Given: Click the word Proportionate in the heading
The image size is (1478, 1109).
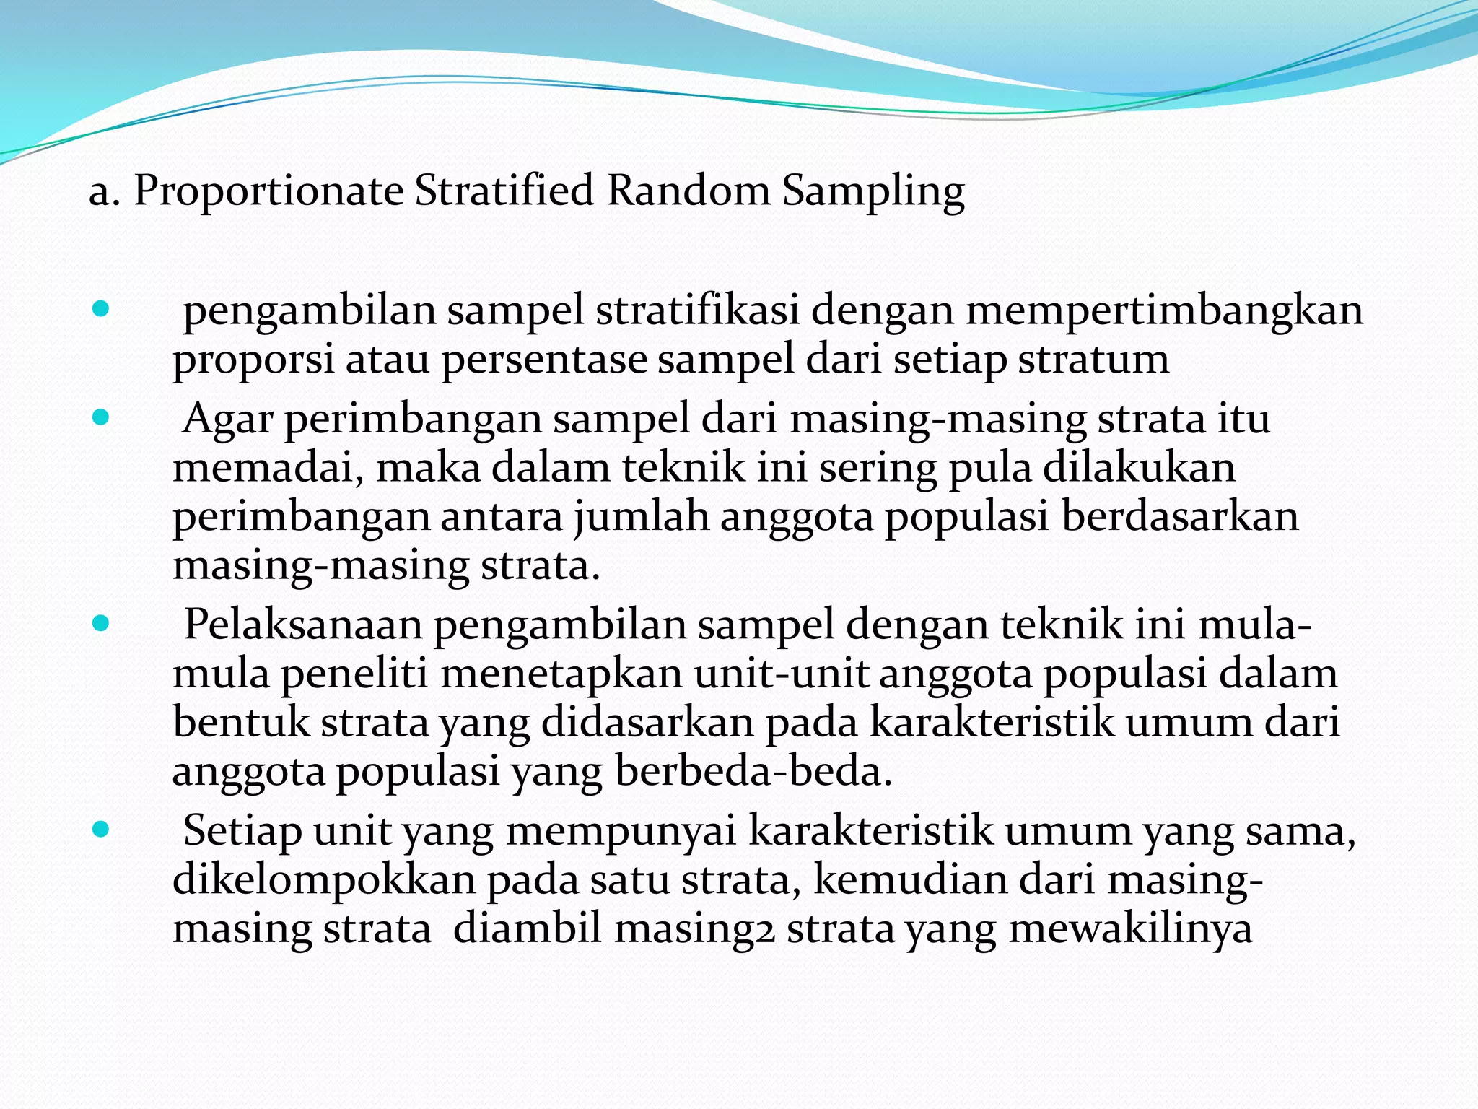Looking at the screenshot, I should (x=268, y=192).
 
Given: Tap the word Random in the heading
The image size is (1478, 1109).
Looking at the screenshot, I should (x=688, y=191).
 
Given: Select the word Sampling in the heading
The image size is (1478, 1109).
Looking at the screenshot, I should (x=873, y=192).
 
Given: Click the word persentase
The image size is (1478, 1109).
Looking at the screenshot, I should (x=544, y=360).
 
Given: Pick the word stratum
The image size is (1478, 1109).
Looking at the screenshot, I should (x=1093, y=360).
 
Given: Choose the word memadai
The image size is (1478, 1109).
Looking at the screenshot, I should (x=268, y=468).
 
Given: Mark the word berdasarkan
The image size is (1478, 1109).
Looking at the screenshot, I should (x=1179, y=517).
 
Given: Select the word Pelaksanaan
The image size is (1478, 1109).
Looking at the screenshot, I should (x=303, y=625).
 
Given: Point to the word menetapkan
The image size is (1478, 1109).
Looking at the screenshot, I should (x=561, y=674).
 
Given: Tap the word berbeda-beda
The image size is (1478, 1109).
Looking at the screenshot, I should (x=753, y=772).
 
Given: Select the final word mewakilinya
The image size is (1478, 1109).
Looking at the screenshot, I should (x=1130, y=929).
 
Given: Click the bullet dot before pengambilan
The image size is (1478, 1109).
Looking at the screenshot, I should (x=101, y=310).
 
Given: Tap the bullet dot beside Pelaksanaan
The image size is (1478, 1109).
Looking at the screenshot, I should (x=101, y=624).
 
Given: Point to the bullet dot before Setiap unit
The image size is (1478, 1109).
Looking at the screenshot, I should (x=101, y=830).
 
